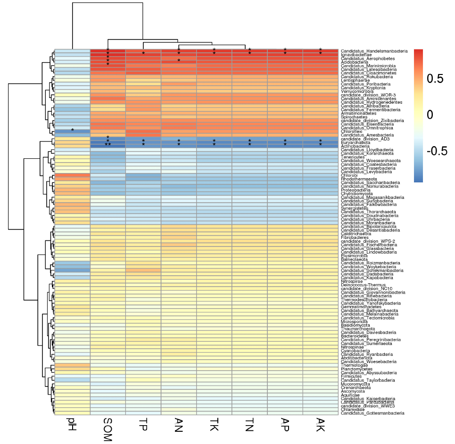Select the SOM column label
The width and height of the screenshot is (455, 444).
pos(108,429)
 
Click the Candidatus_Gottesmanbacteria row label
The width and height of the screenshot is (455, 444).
pos(372,413)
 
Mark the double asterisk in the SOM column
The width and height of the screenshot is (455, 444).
pos(108,145)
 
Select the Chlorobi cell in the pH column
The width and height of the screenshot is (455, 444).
pos(72,175)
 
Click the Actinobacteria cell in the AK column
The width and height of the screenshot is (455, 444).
pos(320,146)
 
